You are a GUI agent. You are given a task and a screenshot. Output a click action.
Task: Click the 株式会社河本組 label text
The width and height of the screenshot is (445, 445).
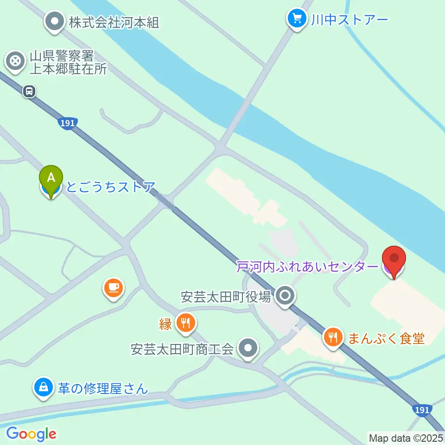(x=114, y=22)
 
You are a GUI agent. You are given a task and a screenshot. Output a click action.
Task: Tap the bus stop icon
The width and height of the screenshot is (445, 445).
(x=29, y=92)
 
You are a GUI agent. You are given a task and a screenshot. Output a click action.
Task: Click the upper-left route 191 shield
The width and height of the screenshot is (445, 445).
(x=68, y=123)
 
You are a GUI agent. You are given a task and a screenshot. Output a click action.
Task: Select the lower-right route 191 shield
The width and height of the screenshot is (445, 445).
(x=421, y=410)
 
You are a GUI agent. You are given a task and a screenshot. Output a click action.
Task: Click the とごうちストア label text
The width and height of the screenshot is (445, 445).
(x=110, y=187)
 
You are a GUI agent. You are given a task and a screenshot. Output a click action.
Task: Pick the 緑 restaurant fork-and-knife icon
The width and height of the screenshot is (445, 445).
(x=185, y=324)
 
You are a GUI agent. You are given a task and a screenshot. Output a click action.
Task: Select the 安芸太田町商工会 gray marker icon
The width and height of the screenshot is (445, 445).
(x=248, y=348)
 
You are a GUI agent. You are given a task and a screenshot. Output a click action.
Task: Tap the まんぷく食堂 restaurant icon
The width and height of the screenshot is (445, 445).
(x=333, y=337)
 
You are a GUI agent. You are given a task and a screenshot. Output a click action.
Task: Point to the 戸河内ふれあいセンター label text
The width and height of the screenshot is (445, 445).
(x=307, y=267)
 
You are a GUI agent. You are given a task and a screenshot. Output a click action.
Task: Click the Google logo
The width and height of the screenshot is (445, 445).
(x=31, y=434)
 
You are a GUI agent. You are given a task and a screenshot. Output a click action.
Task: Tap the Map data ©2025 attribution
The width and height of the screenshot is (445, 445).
(x=406, y=438)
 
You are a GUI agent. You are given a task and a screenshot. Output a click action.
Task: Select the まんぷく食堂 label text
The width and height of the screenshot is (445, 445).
(x=387, y=338)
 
